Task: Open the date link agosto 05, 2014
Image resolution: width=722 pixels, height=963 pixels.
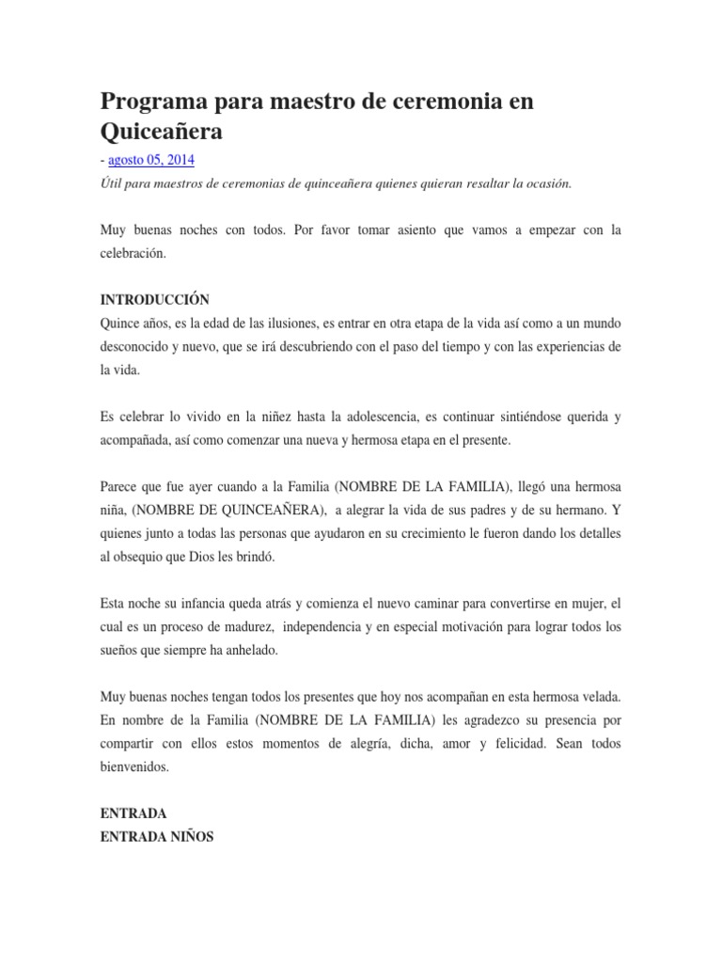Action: [x=150, y=161]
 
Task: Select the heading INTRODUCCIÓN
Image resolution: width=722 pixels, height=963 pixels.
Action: [x=154, y=300]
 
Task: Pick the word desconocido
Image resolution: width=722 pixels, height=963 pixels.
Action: [x=137, y=346]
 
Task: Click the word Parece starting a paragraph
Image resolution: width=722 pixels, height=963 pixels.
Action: [x=119, y=486]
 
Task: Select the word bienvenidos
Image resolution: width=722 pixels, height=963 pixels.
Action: [x=134, y=766]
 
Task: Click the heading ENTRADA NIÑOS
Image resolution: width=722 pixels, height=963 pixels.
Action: [x=157, y=836]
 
